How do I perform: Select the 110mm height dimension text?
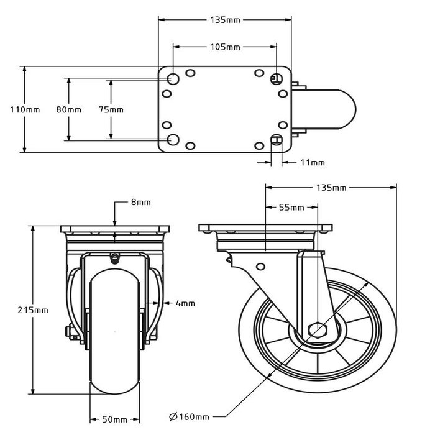25,109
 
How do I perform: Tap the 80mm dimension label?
68,109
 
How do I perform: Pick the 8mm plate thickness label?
141,203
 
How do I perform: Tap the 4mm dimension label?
185,303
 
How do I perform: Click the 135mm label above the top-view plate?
225,20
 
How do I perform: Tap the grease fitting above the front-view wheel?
115,258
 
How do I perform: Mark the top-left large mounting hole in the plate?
173,79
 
